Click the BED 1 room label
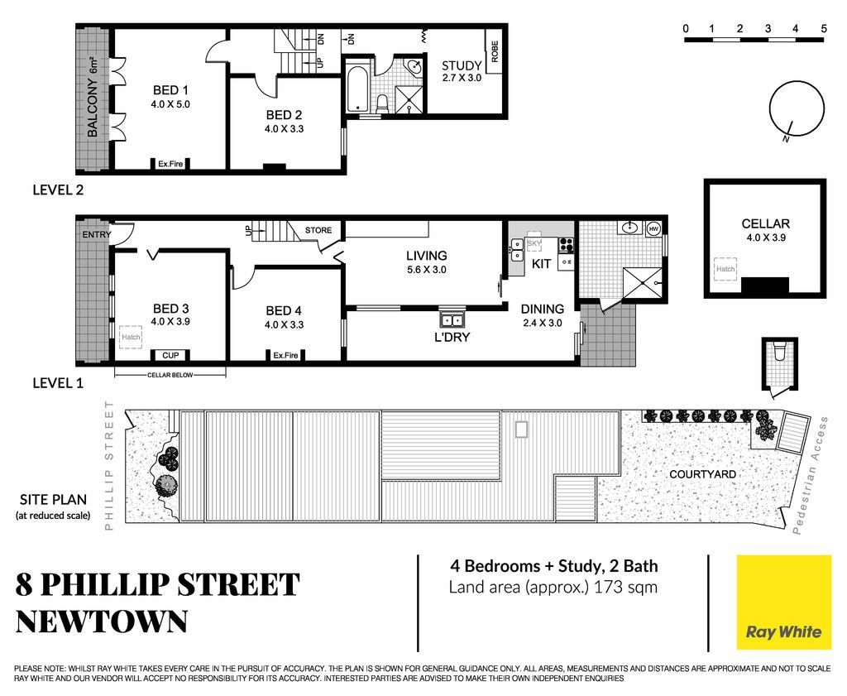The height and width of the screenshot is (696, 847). click(x=170, y=90)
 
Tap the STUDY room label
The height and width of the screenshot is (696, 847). click(x=462, y=66)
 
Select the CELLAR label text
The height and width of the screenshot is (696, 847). click(x=765, y=223)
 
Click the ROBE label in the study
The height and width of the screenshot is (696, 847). click(x=495, y=51)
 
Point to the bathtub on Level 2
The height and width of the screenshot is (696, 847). click(x=357, y=88)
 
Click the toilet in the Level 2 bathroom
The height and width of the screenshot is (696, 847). click(x=382, y=103)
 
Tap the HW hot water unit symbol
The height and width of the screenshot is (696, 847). click(x=653, y=228)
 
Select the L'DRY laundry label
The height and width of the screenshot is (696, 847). click(x=452, y=337)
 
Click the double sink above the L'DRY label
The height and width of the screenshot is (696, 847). click(x=452, y=319)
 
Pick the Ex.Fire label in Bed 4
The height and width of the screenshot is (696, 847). click(x=285, y=355)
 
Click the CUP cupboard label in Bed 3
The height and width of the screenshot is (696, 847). click(x=170, y=355)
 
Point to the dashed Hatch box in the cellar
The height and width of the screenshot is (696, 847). click(x=725, y=269)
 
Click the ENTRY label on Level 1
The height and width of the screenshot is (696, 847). click(x=97, y=234)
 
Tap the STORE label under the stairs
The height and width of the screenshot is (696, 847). click(x=318, y=230)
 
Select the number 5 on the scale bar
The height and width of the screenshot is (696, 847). click(x=823, y=29)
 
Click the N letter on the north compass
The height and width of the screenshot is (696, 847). click(x=786, y=139)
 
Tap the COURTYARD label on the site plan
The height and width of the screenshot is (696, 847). click(x=702, y=474)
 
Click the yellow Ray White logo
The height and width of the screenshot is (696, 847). click(x=784, y=602)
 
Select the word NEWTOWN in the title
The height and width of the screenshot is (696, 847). click(x=102, y=622)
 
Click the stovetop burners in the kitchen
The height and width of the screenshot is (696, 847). click(x=566, y=245)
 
